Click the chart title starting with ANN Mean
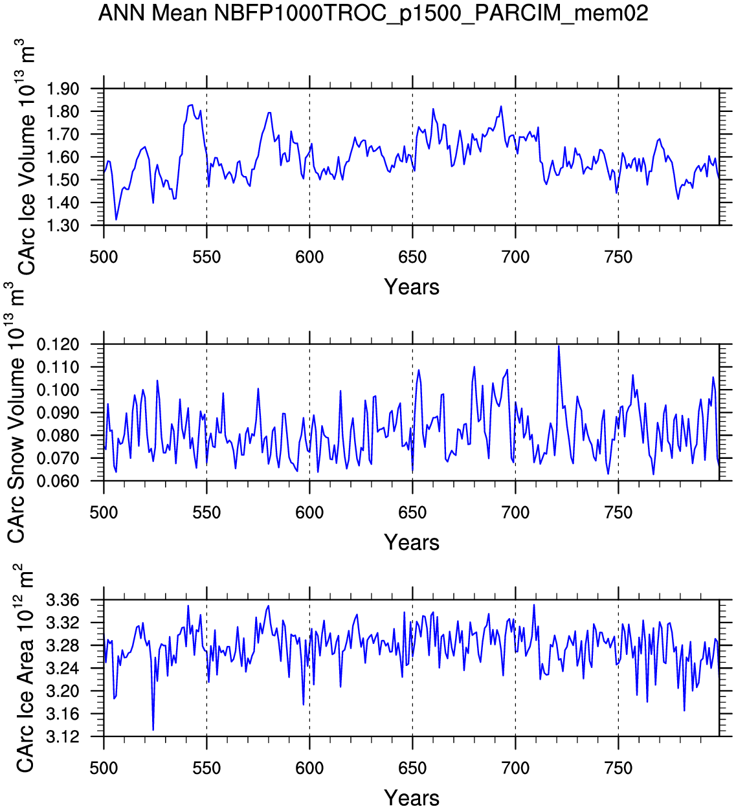pos(373,13)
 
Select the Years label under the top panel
pos(412,287)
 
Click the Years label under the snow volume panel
pos(412,542)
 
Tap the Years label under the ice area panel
pos(412,797)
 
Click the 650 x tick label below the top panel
pos(412,258)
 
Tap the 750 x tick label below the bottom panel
pos(618,768)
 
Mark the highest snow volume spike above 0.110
pos(558,346)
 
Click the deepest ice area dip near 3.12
pos(153,730)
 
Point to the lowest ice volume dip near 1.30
pos(117,219)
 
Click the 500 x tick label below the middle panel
pos(104,513)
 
